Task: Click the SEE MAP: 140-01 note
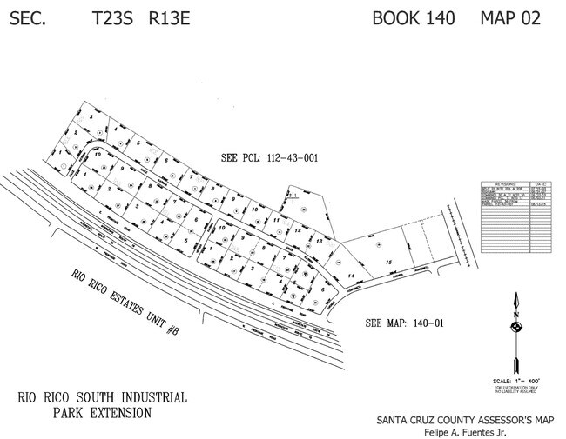tap(406, 323)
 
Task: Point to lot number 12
tap(298, 230)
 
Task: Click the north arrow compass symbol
tap(515, 326)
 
